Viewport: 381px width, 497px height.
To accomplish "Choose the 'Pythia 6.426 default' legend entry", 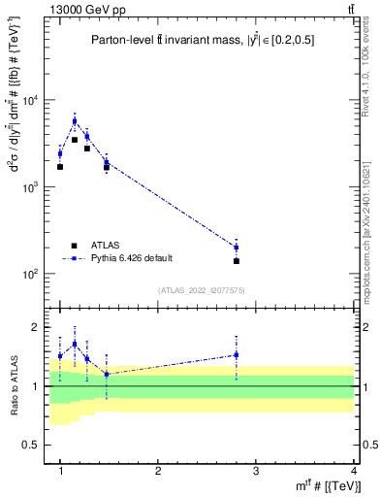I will pyautogui.click(x=131, y=258).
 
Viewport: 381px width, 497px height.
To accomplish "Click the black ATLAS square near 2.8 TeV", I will pyautogui.click(x=237, y=261).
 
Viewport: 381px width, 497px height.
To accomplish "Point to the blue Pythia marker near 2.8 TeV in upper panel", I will pyautogui.click(x=237, y=248).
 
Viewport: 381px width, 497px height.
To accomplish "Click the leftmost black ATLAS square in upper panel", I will pyautogui.click(x=60, y=167).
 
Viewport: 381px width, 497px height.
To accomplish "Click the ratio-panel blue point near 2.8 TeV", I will pyautogui.click(x=237, y=355).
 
